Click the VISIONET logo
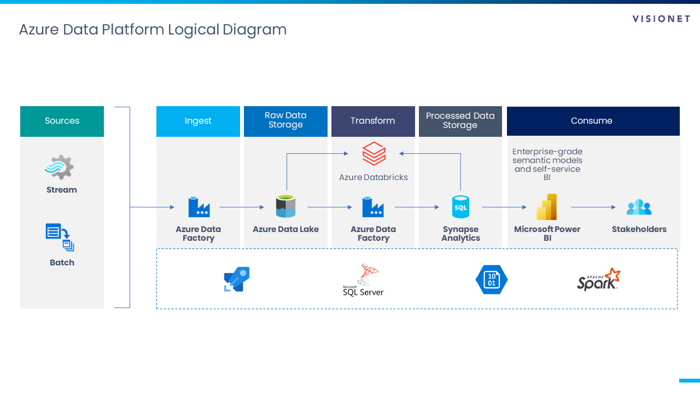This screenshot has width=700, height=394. [x=661, y=19]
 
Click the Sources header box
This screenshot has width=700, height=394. [x=62, y=121]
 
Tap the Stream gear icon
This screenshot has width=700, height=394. [x=59, y=167]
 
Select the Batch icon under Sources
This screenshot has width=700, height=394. [x=60, y=237]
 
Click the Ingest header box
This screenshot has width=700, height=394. [x=198, y=121]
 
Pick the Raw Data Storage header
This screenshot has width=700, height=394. [x=285, y=121]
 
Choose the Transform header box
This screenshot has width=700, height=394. [x=373, y=121]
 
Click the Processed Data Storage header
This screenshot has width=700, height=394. [x=460, y=121]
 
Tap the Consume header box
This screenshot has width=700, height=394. [x=593, y=121]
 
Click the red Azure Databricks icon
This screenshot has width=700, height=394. [x=374, y=153]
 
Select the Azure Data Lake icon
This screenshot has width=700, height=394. [x=285, y=207]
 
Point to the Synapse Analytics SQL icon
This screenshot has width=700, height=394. [x=460, y=207]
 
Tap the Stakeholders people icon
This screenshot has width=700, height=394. [x=639, y=207]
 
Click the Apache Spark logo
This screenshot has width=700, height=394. [x=599, y=279]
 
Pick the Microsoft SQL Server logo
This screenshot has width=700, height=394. [x=364, y=280]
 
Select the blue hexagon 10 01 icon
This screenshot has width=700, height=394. [x=491, y=280]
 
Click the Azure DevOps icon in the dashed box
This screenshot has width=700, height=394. [x=237, y=279]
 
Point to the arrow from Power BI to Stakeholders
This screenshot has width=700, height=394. [x=593, y=207]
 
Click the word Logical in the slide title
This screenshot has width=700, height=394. [x=193, y=30]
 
